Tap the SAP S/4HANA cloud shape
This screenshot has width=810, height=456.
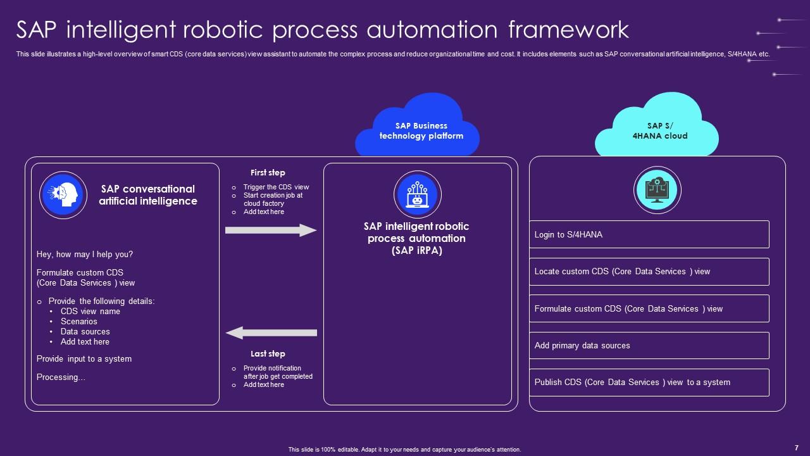(x=657, y=130)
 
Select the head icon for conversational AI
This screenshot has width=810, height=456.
(x=63, y=195)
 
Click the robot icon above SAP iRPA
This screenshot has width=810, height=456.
(x=418, y=194)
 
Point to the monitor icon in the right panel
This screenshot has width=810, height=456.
(x=657, y=190)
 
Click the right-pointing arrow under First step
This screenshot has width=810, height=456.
(x=271, y=231)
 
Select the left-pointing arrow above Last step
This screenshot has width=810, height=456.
(x=271, y=332)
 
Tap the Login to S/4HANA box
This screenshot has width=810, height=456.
(x=649, y=234)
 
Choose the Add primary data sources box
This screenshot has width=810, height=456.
(x=649, y=346)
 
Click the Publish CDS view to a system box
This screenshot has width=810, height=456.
(x=649, y=383)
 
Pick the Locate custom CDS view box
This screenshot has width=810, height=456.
(x=649, y=272)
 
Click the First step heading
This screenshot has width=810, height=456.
(x=268, y=172)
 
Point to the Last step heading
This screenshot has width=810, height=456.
(x=268, y=353)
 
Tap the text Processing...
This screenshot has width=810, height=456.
(x=61, y=377)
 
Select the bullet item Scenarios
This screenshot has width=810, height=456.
(x=79, y=322)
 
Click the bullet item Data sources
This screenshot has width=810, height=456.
(x=85, y=332)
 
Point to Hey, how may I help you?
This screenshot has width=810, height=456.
(x=85, y=255)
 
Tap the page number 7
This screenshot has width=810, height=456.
(x=796, y=448)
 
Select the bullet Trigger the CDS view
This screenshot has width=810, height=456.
(x=276, y=187)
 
